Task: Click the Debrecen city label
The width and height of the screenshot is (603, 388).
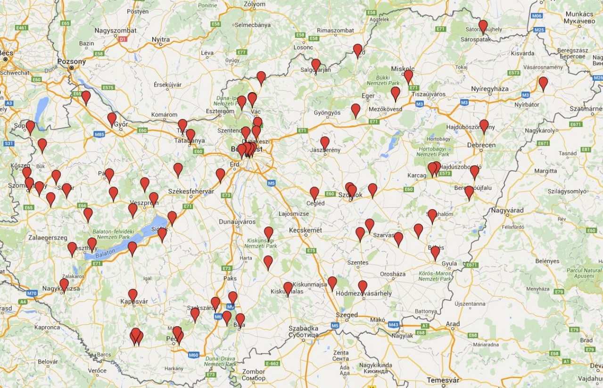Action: [x=481, y=145]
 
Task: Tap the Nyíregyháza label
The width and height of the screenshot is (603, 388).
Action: [x=490, y=89]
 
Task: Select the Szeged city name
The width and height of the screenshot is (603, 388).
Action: [x=347, y=315]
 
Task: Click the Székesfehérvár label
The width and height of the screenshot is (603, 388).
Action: [x=191, y=191]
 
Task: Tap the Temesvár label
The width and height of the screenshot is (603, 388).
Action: [x=443, y=380]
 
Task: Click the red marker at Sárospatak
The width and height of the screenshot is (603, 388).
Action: [x=483, y=26]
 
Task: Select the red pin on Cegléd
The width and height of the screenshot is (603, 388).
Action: [x=314, y=193]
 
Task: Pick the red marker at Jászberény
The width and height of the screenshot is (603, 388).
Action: [x=325, y=143]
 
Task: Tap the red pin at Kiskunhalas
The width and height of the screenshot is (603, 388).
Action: [x=288, y=288]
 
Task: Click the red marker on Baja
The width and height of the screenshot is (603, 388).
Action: [x=240, y=320]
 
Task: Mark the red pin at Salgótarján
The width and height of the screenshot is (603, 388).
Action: [x=316, y=65]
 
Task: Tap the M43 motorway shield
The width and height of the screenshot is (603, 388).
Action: [x=394, y=324]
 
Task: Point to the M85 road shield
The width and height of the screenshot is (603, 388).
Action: [x=99, y=135]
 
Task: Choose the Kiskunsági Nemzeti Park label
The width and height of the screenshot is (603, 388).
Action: [x=262, y=243]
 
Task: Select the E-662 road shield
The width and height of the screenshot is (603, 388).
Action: [x=272, y=363]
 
